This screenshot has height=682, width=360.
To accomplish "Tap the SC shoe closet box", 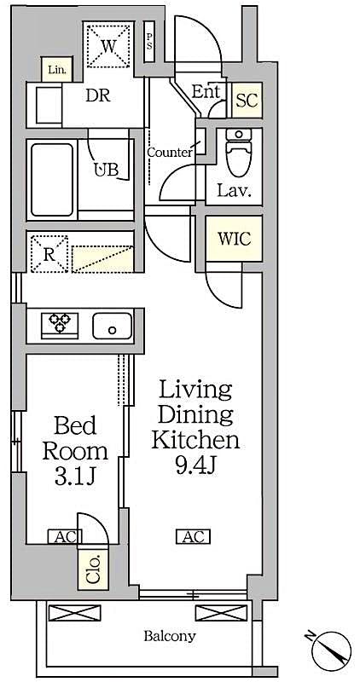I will pyautogui.click(x=247, y=100).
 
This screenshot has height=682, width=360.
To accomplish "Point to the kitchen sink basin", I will pyautogui.click(x=112, y=325).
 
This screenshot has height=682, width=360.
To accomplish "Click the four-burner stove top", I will pyautogui.click(x=60, y=324).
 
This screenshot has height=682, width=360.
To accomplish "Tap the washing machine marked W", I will pyautogui.click(x=107, y=43).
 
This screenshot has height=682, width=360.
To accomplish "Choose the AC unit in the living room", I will pyautogui.click(x=193, y=536).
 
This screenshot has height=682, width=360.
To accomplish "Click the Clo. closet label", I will pyautogui.click(x=93, y=569).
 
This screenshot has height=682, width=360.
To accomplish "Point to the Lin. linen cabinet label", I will pyautogui.click(x=56, y=69).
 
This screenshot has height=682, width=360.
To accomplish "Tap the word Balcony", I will pyautogui.click(x=169, y=635).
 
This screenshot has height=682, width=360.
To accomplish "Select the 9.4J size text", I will pyautogui.click(x=195, y=466).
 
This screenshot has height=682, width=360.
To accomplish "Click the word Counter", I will pyautogui.click(x=169, y=153).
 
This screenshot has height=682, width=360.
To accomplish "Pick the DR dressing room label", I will pyautogui.click(x=97, y=95).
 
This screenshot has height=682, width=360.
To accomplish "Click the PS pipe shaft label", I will pyautogui.click(x=149, y=40).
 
